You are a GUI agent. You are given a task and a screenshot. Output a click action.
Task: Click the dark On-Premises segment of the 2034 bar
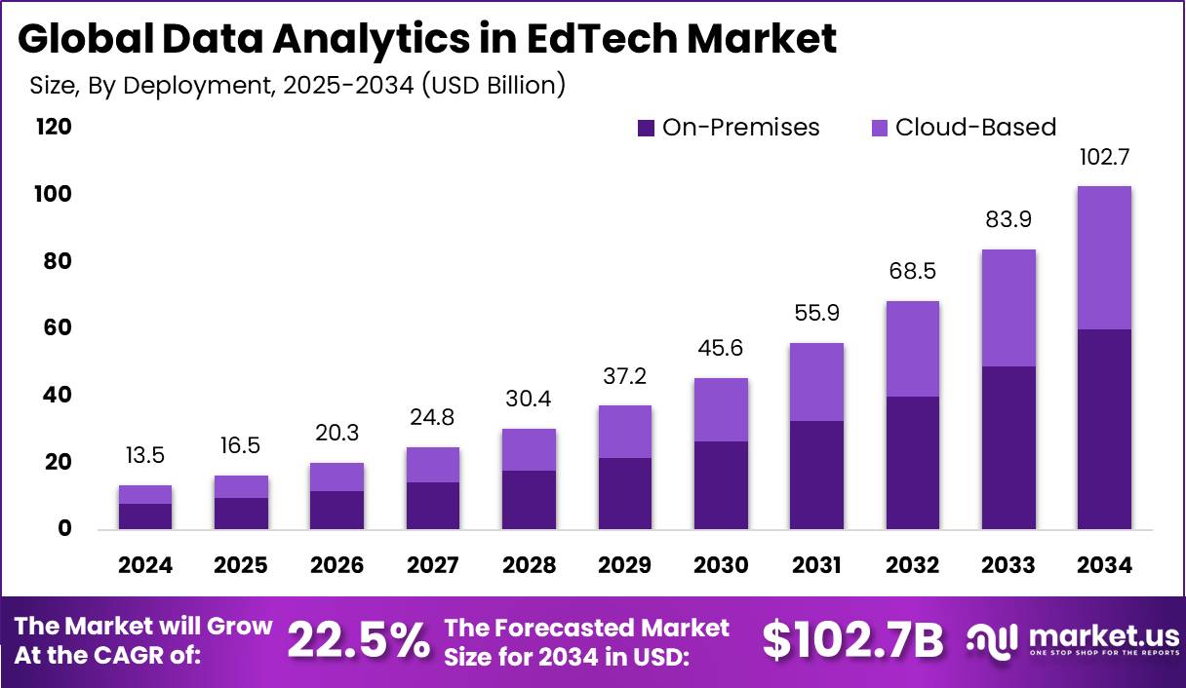[x=1104, y=429]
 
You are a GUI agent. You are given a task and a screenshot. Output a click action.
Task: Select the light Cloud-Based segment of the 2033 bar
[x=1008, y=308]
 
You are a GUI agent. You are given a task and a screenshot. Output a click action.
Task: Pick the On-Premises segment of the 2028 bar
[x=529, y=500]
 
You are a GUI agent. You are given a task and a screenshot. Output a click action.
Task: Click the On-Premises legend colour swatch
[x=646, y=128]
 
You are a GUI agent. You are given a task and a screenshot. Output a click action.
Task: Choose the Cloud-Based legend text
[x=975, y=127]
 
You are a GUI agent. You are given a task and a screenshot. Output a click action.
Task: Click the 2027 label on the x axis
[x=433, y=565]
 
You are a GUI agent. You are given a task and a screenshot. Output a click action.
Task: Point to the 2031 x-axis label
[x=816, y=565]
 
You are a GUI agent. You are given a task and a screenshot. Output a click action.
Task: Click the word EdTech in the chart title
[x=574, y=39]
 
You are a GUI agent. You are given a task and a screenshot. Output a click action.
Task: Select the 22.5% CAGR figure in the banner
[x=358, y=640]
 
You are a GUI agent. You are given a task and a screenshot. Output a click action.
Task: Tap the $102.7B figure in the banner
[x=852, y=640]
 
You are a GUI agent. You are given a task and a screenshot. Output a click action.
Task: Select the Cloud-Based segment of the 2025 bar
[x=241, y=486]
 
